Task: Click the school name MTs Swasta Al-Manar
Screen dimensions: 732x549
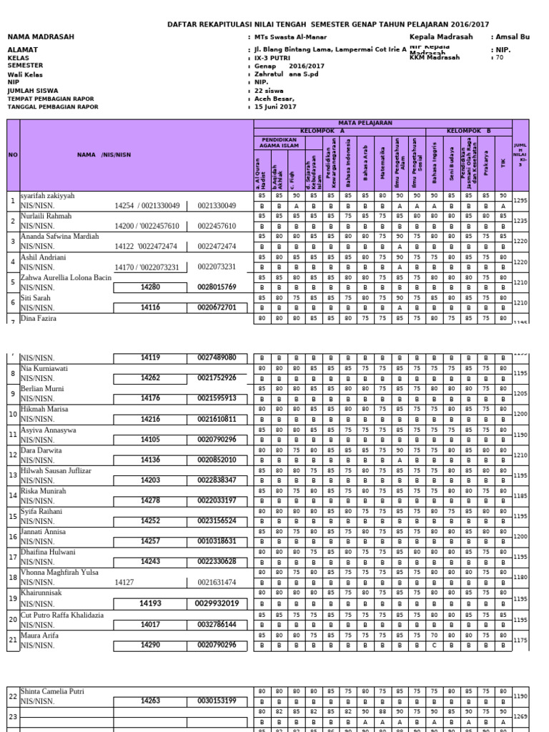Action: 290,36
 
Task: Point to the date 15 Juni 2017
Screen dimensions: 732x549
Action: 275,106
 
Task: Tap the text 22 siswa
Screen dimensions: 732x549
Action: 270,90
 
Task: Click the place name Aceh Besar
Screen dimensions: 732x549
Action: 274,98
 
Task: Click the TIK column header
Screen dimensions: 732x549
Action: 504,163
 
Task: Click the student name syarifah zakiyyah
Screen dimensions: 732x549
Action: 47,195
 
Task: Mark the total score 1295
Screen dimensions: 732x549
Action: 520,201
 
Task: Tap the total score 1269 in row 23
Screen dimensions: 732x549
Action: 520,716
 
